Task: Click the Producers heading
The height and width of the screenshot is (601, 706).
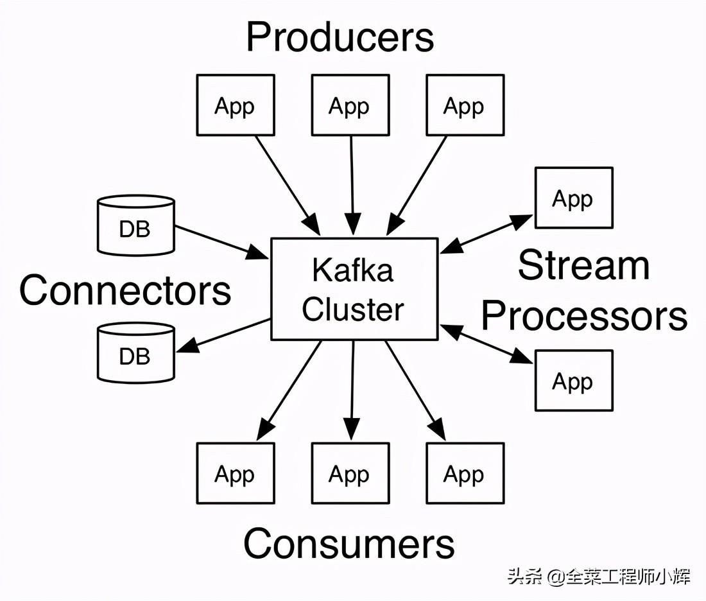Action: click(340, 37)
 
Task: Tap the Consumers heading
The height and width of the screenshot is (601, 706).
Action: click(349, 543)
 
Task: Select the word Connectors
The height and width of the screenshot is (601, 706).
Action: click(125, 290)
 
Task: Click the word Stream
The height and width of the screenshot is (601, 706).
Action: click(583, 265)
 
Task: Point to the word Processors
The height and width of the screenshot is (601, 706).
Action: click(585, 315)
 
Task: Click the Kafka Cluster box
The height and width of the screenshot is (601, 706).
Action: click(354, 289)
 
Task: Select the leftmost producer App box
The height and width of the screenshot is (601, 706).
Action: click(236, 105)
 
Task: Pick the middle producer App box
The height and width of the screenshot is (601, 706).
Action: click(350, 105)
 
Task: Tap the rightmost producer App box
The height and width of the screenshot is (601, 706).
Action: click(465, 105)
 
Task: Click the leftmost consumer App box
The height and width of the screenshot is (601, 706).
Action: click(236, 473)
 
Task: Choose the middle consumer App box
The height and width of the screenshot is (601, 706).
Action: click(350, 473)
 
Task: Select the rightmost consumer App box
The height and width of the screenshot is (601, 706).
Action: click(465, 473)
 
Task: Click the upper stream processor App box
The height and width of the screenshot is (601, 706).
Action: click(574, 198)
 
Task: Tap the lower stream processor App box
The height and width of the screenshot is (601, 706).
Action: click(574, 381)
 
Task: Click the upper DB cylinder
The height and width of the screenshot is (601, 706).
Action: click(136, 225)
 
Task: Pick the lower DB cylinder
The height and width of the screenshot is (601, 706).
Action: click(136, 353)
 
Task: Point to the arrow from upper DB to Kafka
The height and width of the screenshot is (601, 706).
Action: click(222, 242)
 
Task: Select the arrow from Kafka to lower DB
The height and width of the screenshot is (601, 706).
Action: click(224, 335)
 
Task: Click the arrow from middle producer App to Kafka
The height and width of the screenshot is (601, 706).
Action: click(352, 185)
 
